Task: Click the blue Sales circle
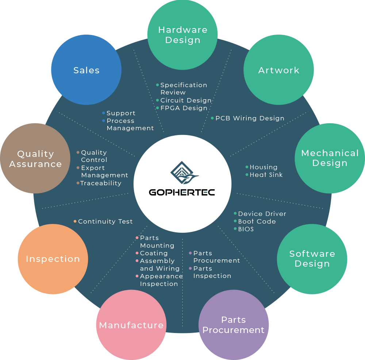[x=86, y=70]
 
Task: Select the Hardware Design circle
[x=182, y=35]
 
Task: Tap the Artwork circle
[x=278, y=70]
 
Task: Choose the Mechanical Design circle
[x=330, y=158]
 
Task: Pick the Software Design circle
[x=312, y=259]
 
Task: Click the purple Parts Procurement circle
[x=234, y=325]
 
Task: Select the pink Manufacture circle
[x=131, y=325]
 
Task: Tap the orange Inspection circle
[x=53, y=259]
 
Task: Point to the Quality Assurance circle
[x=35, y=159]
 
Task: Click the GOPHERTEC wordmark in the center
[x=182, y=192]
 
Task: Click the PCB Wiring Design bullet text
[x=250, y=118]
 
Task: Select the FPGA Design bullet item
[x=184, y=108]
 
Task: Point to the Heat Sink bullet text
[x=266, y=175]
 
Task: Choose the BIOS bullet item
[x=246, y=229]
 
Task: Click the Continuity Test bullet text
[x=105, y=221]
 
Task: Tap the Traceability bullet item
[x=101, y=183]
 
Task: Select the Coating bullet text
[x=154, y=253]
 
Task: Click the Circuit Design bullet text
[x=186, y=100]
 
